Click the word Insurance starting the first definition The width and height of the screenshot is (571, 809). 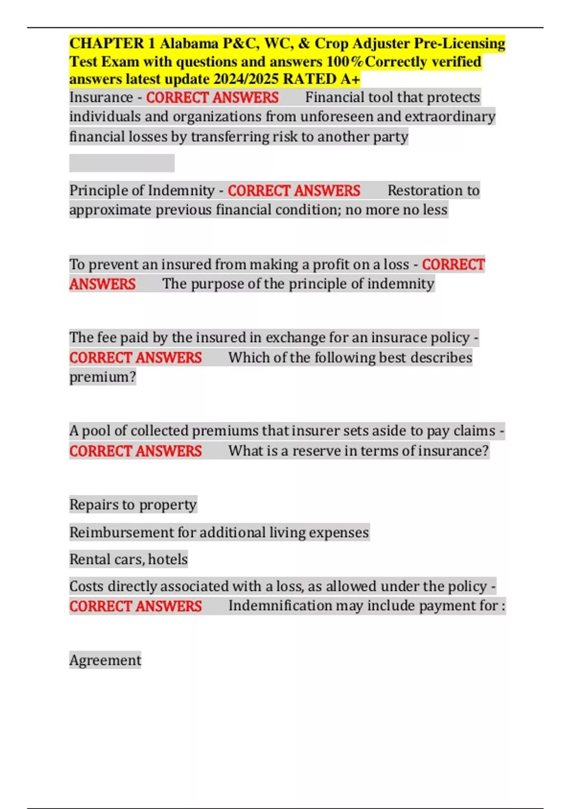[101, 98]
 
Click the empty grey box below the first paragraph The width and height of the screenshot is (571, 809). [121, 163]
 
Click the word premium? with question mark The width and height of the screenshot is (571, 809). [103, 377]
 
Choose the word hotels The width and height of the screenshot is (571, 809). [168, 560]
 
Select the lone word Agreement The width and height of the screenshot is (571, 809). [105, 661]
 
